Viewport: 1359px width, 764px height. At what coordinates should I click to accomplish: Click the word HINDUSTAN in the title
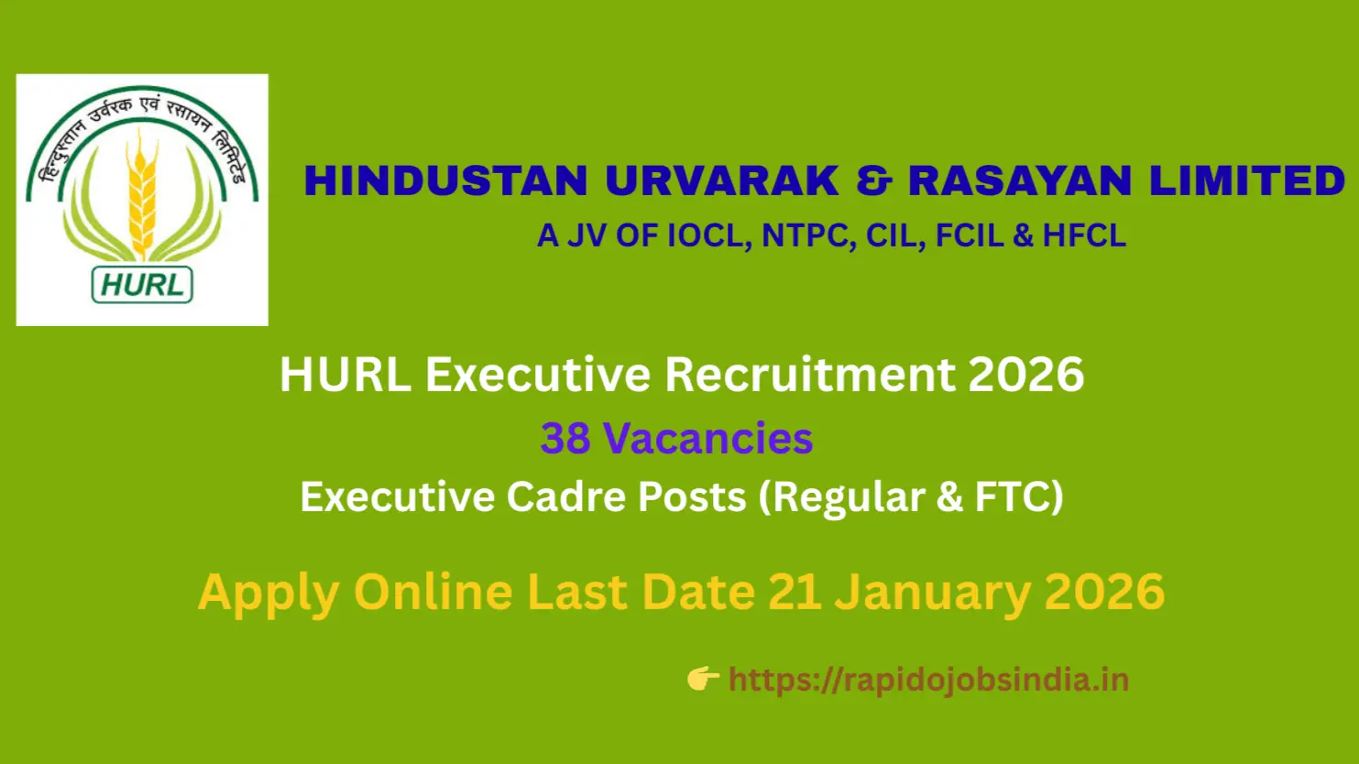coord(445,180)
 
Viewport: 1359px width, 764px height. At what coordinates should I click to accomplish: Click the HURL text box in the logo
coord(142,285)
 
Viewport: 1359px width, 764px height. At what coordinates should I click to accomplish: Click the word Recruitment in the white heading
coord(808,375)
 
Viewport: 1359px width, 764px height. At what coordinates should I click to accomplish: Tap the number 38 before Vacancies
coord(564,438)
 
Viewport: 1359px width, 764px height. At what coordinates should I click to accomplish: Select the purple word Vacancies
coord(707,438)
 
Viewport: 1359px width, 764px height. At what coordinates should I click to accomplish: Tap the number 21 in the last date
coord(794,592)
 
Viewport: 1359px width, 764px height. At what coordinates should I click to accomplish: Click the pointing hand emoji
coord(702,679)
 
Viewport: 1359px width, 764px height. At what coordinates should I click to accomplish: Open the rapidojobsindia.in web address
coord(928,680)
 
